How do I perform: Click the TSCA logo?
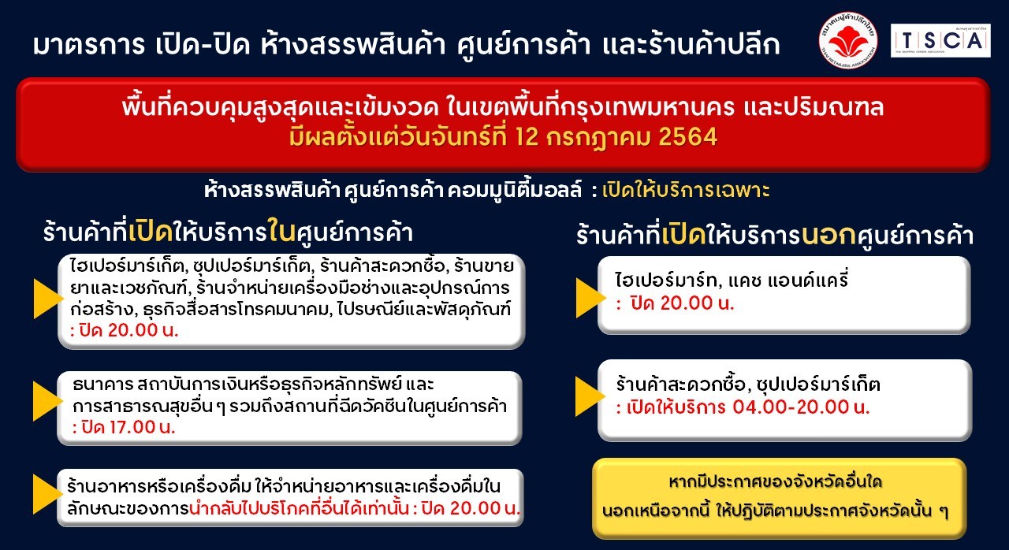click(x=940, y=40)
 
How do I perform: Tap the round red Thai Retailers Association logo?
click(x=848, y=40)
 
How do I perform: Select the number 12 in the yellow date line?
click(x=527, y=137)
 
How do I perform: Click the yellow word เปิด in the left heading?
click(x=151, y=232)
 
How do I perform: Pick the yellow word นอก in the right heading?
click(x=828, y=236)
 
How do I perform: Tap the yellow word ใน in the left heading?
click(x=281, y=232)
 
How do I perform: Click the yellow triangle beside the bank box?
click(x=47, y=401)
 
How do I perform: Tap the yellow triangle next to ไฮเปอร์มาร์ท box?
click(x=590, y=298)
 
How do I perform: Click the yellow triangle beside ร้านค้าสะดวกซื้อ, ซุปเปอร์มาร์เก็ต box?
click(x=590, y=396)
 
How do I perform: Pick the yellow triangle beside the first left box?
click(x=48, y=299)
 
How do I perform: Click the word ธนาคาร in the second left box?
click(x=103, y=385)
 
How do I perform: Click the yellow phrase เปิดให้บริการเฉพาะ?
click(x=686, y=191)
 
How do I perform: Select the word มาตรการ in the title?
click(x=89, y=46)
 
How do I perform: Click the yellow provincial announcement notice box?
click(x=780, y=498)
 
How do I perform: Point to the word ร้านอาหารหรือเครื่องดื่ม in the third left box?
click(x=158, y=487)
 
